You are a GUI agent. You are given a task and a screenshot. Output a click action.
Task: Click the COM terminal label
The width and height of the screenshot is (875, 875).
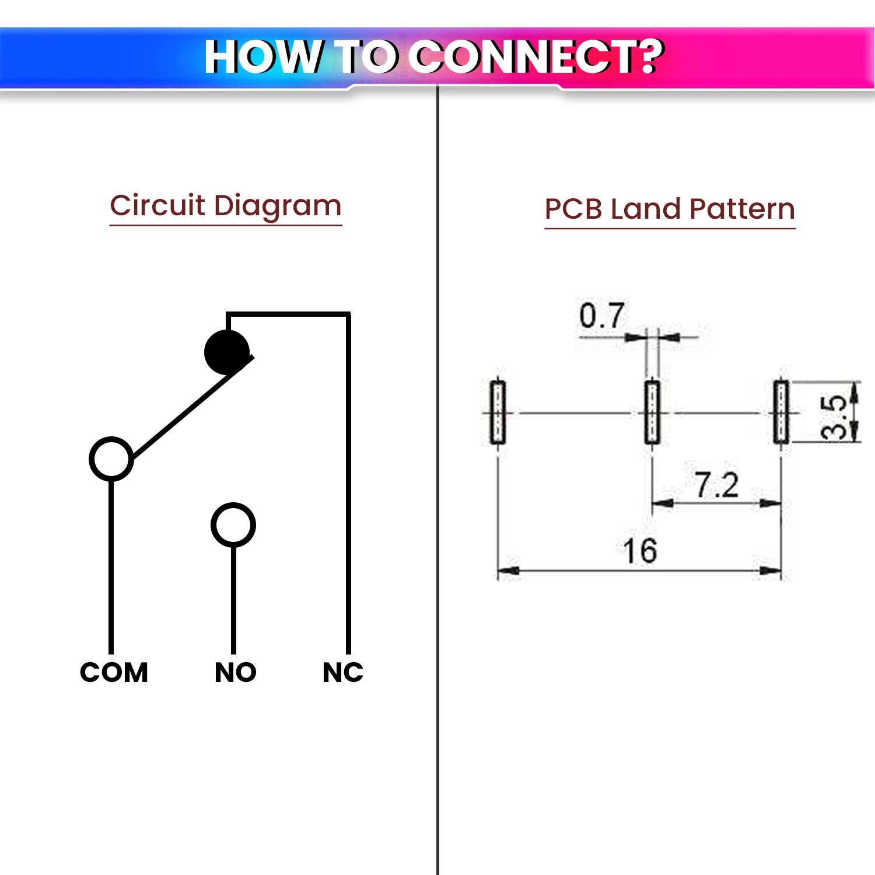tap(114, 672)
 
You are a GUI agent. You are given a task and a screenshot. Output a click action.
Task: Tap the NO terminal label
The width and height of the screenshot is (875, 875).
tap(235, 672)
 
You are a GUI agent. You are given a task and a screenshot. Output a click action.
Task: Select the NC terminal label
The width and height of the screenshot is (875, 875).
tap(343, 672)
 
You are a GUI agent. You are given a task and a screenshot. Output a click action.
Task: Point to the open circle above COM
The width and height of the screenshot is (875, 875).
tap(111, 459)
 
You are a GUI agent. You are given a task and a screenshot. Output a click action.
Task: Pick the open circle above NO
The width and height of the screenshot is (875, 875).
tap(233, 525)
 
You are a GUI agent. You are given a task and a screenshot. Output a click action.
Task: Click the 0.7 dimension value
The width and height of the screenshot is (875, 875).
tap(601, 316)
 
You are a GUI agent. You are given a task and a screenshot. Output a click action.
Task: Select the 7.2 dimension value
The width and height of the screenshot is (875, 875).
tap(716, 485)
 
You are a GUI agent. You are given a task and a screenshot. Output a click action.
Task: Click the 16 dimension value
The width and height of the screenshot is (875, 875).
tap(639, 551)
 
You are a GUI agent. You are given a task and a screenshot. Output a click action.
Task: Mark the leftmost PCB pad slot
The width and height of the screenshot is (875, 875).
tap(498, 412)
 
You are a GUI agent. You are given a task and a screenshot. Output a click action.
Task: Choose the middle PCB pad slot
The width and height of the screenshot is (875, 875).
tap(652, 412)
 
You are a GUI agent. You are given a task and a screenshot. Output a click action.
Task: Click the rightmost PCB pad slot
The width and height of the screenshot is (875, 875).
tap(781, 412)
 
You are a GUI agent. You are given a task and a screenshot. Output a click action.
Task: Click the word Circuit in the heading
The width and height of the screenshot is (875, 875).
tap(157, 206)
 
